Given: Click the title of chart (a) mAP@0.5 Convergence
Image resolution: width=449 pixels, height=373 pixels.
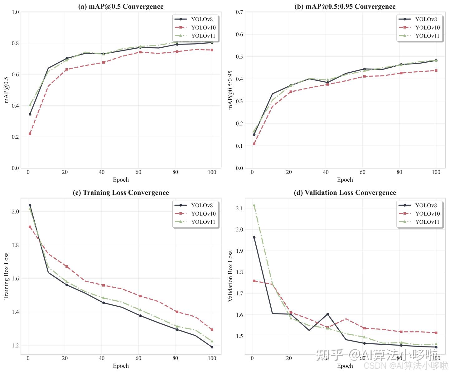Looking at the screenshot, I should click(x=121, y=7).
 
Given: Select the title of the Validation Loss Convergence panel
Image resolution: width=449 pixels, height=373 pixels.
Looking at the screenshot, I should click(x=345, y=193).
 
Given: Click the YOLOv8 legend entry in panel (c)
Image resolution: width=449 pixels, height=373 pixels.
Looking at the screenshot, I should click(x=202, y=205).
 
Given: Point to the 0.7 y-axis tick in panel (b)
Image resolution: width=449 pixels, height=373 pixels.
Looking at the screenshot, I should click(x=239, y=12).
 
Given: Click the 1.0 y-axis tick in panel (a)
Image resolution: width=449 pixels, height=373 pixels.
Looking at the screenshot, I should click(x=15, y=12).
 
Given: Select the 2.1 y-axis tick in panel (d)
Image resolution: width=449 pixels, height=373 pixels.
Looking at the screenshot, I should click(x=239, y=208).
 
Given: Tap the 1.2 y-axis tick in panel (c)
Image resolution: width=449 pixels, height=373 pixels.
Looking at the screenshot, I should click(x=15, y=345).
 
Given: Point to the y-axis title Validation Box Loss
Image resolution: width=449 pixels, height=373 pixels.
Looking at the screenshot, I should click(x=230, y=276).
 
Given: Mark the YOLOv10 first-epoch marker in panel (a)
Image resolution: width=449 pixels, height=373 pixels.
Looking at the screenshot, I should click(x=30, y=134).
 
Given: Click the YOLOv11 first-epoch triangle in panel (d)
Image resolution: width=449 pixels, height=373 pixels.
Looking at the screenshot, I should click(x=254, y=205).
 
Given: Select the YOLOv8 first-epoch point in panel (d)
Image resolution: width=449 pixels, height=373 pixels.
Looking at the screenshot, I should click(x=254, y=237).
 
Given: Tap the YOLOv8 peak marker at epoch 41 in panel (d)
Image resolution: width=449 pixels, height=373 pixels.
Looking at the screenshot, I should click(x=327, y=314).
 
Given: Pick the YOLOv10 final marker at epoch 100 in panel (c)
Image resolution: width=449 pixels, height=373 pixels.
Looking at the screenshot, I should click(x=212, y=329).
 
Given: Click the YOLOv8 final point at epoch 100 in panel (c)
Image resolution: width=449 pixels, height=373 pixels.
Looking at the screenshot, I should click(x=212, y=347).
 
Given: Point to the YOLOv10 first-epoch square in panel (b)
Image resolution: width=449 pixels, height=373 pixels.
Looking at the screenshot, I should click(x=254, y=144).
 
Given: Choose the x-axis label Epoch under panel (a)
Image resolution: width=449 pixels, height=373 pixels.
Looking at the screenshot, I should click(x=121, y=180).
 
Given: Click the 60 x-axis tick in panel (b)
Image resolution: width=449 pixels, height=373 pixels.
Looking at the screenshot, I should click(x=362, y=172).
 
